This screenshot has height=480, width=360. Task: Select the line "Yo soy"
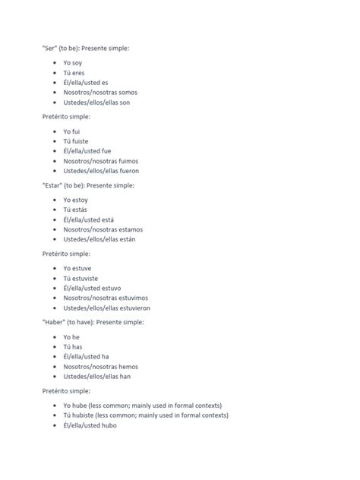tap(73, 62)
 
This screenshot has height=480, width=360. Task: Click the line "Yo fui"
tap(71, 131)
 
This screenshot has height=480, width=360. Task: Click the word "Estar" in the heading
tap(52, 185)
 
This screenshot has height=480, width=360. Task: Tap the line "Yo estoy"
tap(75, 200)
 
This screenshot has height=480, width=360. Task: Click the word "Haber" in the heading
tap(54, 323)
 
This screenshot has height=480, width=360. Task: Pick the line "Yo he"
tap(71, 337)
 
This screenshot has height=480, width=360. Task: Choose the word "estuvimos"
tap(134, 298)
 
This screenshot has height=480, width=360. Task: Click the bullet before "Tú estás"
tap(55, 210)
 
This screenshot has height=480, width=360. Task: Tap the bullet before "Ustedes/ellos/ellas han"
tap(55, 377)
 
